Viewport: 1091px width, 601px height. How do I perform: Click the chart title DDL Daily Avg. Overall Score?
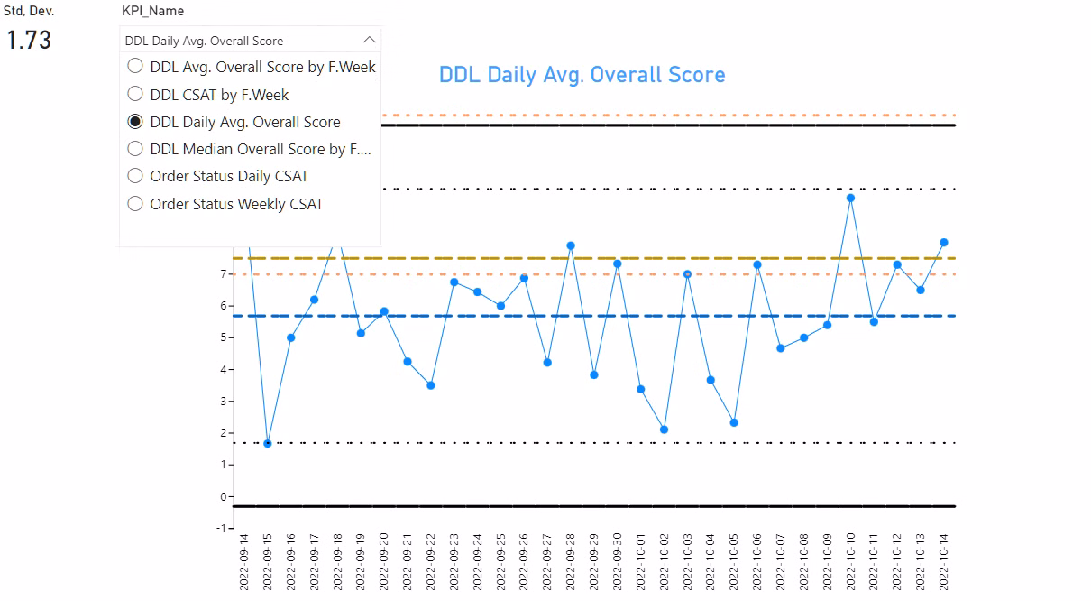click(x=582, y=74)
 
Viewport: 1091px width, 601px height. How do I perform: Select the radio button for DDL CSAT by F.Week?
click(x=135, y=94)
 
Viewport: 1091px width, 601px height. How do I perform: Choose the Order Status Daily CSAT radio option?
click(x=135, y=176)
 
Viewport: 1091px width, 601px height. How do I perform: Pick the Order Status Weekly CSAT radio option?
click(x=135, y=204)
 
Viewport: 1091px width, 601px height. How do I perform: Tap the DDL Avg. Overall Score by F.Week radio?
click(x=135, y=66)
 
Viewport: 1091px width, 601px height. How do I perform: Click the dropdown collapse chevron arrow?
click(x=369, y=41)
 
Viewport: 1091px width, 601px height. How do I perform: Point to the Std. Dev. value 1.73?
click(x=29, y=41)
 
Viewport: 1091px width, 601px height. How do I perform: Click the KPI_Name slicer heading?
click(x=152, y=11)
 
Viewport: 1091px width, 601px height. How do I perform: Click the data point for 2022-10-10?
click(x=850, y=198)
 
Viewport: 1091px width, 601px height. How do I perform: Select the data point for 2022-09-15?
click(x=267, y=443)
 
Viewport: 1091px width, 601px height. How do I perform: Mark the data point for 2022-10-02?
click(x=664, y=430)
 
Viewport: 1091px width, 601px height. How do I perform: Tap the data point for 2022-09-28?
click(x=571, y=245)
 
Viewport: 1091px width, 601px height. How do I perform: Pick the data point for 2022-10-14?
click(x=944, y=242)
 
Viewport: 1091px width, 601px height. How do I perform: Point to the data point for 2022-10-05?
click(x=734, y=422)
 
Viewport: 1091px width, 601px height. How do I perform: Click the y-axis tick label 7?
click(x=224, y=273)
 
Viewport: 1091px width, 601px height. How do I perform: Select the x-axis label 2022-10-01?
click(x=641, y=561)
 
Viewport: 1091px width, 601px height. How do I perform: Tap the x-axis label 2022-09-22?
click(x=431, y=561)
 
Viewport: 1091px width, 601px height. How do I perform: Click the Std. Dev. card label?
click(x=29, y=11)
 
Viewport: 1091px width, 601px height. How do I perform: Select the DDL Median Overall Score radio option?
click(x=135, y=149)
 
